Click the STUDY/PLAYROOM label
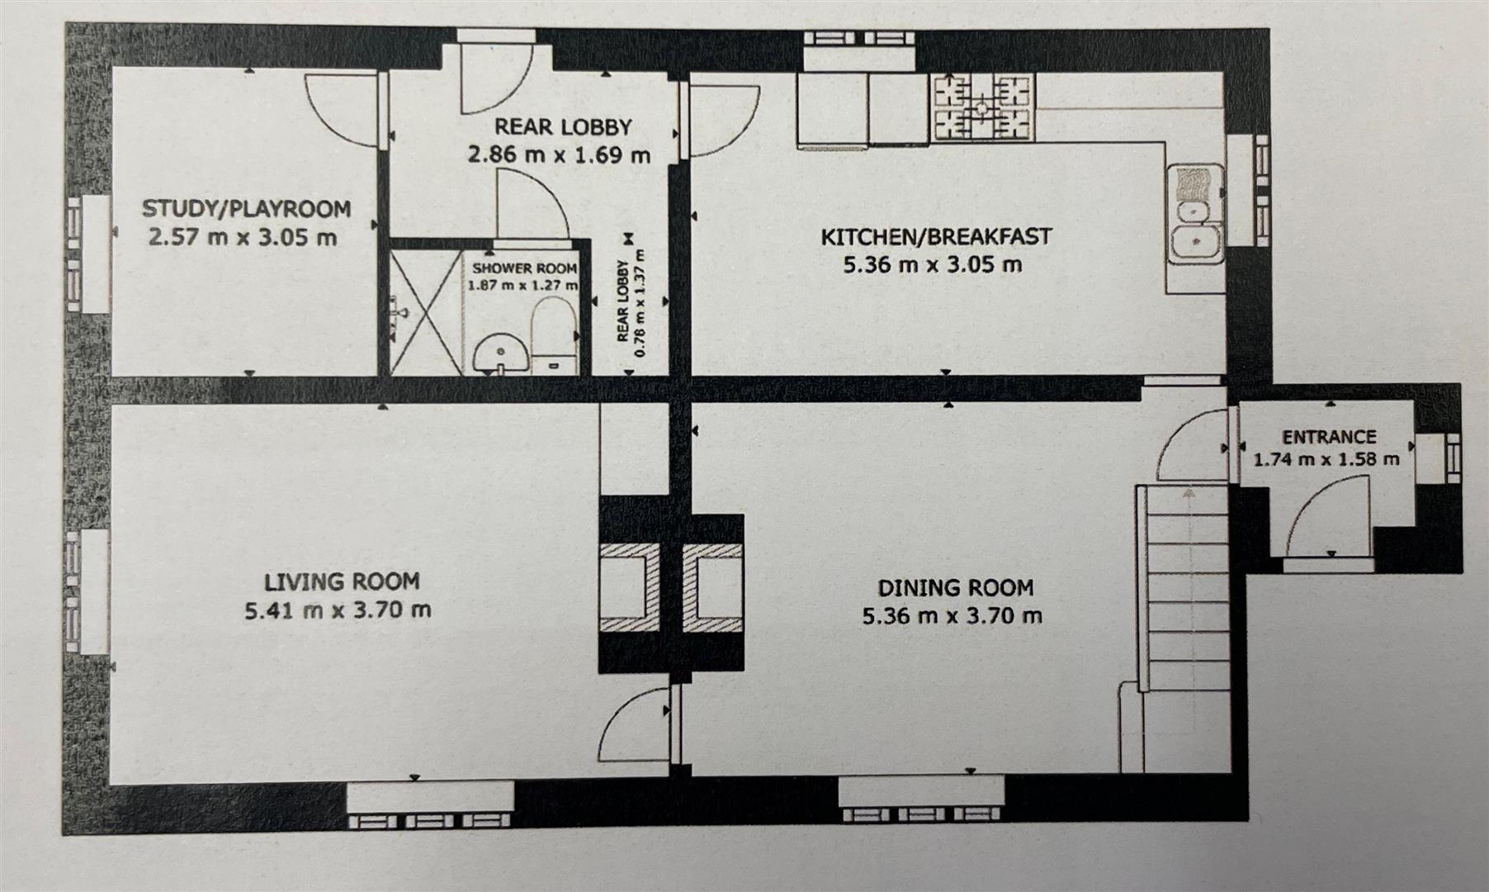[246, 208]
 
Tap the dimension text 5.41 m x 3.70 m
[338, 610]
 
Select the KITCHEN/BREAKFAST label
[935, 236]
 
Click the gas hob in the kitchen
[982, 107]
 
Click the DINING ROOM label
[955, 587]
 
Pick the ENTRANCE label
[1328, 436]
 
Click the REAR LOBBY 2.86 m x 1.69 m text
[560, 140]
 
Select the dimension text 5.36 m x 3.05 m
[934, 265]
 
